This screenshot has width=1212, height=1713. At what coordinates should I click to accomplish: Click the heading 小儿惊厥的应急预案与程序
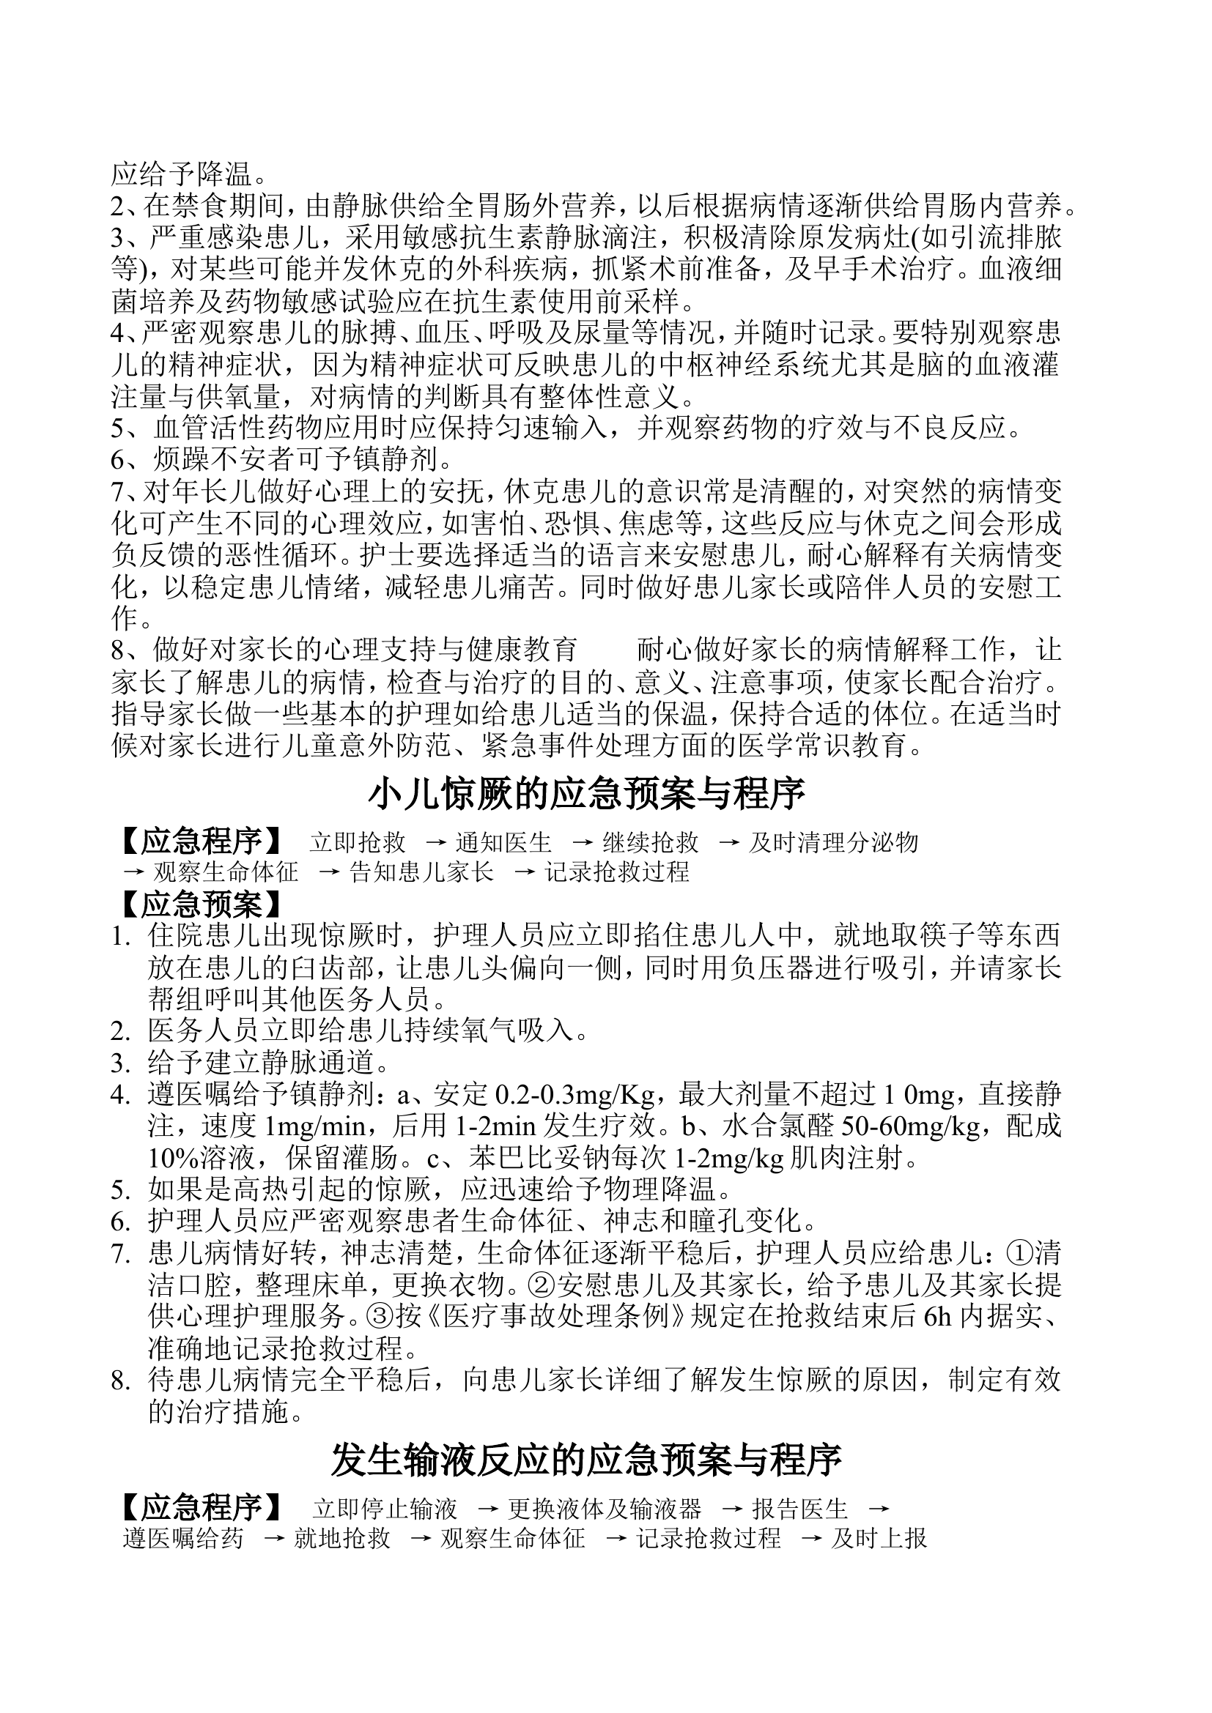point(587,795)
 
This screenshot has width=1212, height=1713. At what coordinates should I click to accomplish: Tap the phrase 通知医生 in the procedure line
point(503,843)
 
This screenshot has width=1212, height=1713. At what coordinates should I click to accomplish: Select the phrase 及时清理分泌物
point(834,843)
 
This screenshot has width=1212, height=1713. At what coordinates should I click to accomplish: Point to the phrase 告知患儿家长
point(421,872)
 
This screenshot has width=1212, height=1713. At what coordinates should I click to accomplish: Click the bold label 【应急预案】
point(201,905)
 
